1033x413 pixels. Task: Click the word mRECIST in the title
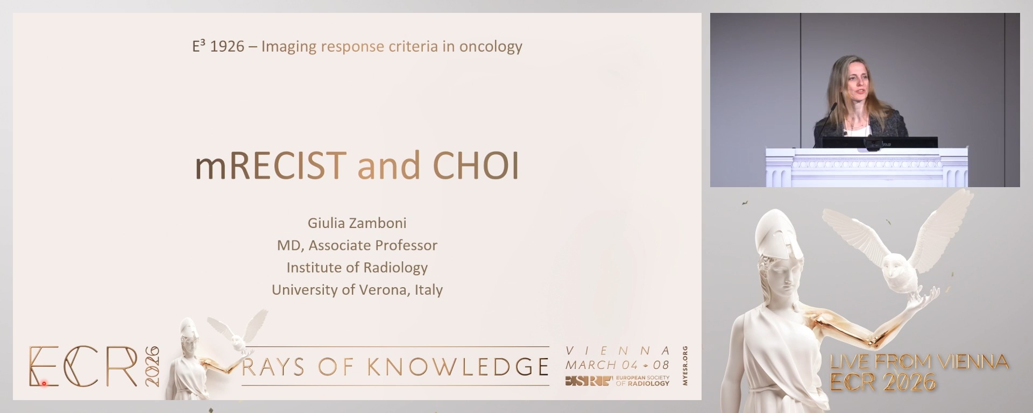(271, 166)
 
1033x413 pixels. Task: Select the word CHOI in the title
(476, 166)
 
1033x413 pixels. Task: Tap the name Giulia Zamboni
(357, 223)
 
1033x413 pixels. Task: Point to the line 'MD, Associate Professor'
(357, 245)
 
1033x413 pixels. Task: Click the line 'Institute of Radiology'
(357, 267)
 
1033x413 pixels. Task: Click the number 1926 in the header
(227, 47)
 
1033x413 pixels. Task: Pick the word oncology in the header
(491, 47)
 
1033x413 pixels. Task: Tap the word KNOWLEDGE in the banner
(458, 367)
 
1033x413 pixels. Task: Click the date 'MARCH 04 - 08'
(618, 365)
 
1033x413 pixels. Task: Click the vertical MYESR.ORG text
(685, 366)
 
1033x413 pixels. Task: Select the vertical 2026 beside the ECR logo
(152, 366)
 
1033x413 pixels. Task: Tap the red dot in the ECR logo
(44, 383)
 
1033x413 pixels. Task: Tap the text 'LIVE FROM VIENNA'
(919, 361)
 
